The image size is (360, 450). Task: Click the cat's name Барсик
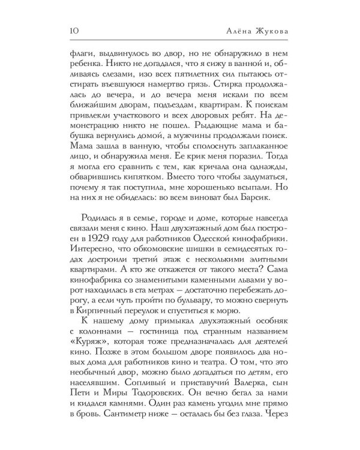(x=282, y=196)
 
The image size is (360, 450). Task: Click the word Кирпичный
(x=94, y=311)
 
